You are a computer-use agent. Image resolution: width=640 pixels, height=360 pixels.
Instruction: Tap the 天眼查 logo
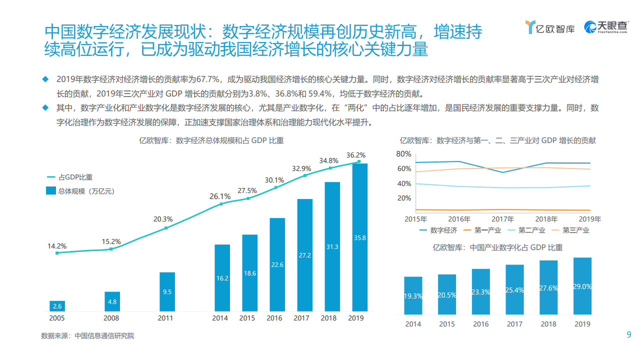pyautogui.click(x=606, y=27)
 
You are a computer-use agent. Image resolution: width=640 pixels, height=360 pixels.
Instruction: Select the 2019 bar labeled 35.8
pyautogui.click(x=359, y=237)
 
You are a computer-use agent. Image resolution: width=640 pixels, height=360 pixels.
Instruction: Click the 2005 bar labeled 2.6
pyautogui.click(x=57, y=306)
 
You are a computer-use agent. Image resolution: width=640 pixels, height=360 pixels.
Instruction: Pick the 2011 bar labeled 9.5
pyautogui.click(x=167, y=292)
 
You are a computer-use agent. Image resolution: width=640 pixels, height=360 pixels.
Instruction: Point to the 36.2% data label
pyautogui.click(x=355, y=155)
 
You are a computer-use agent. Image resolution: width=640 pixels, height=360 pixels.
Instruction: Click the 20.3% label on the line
pyautogui.click(x=163, y=219)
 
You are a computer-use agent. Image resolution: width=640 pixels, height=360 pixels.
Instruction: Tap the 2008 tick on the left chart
pyautogui.click(x=111, y=318)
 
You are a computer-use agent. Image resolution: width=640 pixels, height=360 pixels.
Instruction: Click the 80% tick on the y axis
pyautogui.click(x=403, y=153)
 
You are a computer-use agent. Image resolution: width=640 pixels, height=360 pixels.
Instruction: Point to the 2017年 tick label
pyautogui.click(x=503, y=219)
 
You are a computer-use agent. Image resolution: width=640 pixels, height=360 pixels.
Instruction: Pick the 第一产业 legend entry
pyautogui.click(x=482, y=230)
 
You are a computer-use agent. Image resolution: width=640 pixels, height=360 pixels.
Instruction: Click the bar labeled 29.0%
pyautogui.click(x=582, y=286)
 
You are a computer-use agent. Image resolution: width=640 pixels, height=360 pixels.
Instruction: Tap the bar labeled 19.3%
pyautogui.click(x=413, y=295)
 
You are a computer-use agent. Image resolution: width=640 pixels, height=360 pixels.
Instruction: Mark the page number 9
pyautogui.click(x=629, y=335)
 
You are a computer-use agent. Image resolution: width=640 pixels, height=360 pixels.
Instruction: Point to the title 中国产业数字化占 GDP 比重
pyautogui.click(x=497, y=247)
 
